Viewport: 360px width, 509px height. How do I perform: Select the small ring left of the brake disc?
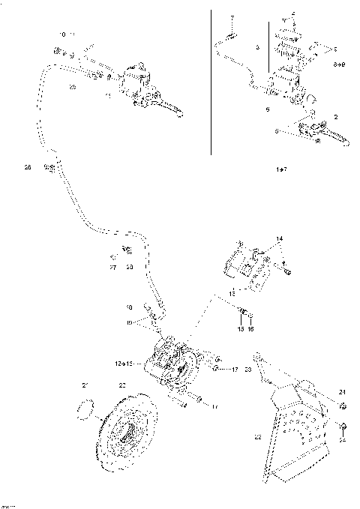tap(87, 409)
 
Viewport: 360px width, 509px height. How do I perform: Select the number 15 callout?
tap(241, 329)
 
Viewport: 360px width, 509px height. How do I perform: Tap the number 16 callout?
tap(251, 329)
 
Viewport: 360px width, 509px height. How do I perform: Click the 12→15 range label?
tap(124, 363)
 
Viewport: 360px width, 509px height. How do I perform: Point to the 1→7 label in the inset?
tap(280, 171)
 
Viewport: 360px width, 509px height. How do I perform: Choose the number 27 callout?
tap(113, 267)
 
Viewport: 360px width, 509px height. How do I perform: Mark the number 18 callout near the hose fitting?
tap(130, 307)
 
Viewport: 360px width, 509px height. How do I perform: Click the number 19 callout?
tap(130, 322)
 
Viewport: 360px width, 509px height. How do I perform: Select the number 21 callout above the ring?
tap(85, 385)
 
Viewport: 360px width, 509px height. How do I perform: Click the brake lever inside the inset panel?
tap(331, 137)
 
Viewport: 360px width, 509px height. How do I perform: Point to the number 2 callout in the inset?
tap(334, 118)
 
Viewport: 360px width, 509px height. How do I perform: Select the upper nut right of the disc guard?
tap(341, 406)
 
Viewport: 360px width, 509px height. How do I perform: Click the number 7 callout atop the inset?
tap(232, 16)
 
